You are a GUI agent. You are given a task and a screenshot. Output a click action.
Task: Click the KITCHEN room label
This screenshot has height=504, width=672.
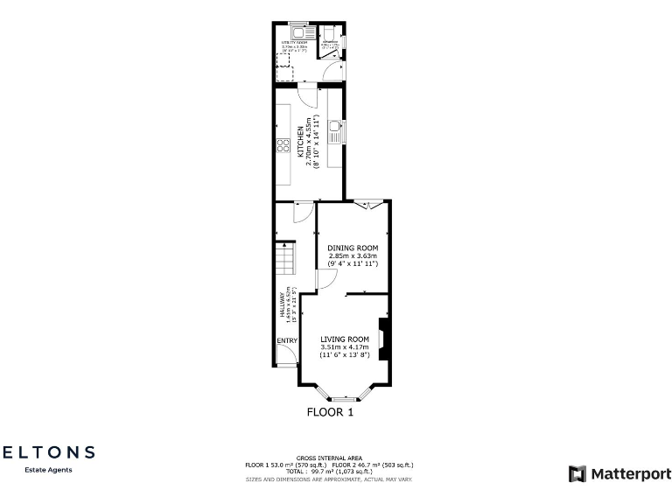pos(300,141)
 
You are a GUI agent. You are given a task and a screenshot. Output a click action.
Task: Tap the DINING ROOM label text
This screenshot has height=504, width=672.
pos(353,248)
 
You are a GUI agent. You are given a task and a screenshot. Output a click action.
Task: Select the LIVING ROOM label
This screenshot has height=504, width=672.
pos(345,339)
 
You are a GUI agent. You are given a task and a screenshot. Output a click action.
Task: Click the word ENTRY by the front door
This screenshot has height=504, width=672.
pos(287,340)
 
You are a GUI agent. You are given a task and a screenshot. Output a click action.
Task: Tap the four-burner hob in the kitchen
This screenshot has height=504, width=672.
pos(283,146)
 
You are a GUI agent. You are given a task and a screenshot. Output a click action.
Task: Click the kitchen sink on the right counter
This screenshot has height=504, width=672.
pos(334,133)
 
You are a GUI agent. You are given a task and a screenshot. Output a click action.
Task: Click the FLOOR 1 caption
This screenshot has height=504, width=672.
pos(330,412)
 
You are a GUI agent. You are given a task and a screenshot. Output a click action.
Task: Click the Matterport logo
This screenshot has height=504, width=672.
pos(619,473)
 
